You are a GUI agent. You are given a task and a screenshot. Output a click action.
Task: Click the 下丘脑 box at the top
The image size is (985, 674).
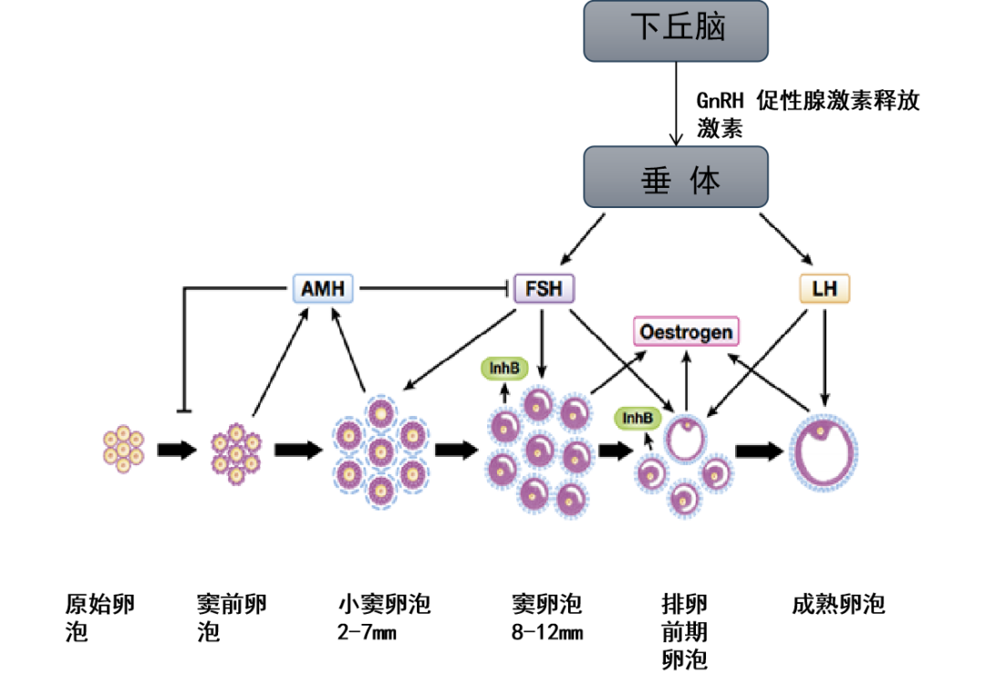pos(676,29)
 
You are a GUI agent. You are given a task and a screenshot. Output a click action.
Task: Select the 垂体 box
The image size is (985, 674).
pos(676,177)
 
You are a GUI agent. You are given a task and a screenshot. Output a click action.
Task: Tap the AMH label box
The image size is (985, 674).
pos(323,289)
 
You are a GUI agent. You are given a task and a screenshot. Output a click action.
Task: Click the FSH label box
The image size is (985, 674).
pos(544,289)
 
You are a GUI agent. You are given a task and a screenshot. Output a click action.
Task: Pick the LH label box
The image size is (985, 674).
pos(824,289)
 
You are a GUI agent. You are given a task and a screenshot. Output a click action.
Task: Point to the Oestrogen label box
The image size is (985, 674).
pos(686,331)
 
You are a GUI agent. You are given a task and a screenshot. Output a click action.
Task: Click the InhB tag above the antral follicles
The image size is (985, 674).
pos(503,368)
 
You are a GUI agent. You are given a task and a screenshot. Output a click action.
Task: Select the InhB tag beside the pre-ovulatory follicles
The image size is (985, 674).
pos(638,418)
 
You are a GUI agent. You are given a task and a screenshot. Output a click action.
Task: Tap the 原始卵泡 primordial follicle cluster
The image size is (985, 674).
pos(123,449)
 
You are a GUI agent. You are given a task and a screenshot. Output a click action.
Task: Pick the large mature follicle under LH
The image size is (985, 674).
pos(824,452)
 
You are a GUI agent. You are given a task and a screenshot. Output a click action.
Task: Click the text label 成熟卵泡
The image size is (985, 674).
pos(838,604)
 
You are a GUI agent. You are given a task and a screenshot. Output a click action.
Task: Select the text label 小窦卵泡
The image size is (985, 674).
pos(384,604)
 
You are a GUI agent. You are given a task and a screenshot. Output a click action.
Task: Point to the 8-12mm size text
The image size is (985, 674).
pos(547,632)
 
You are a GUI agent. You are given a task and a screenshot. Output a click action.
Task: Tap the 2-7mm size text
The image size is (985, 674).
pos(367,632)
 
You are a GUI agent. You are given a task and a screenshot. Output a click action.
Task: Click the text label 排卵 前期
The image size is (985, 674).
pos(684,617)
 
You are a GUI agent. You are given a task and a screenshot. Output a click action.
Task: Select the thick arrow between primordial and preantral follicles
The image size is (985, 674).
pos(177,450)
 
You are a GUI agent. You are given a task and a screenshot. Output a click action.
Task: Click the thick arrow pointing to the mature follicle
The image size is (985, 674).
pos(758,451)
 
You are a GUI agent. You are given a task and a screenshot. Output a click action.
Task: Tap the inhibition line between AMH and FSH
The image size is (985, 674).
pos(433,289)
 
